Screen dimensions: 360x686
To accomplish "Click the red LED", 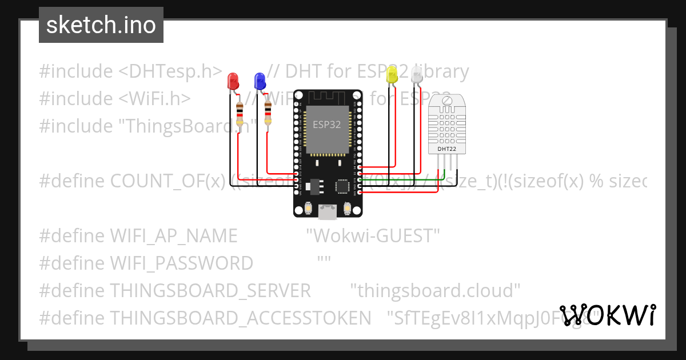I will [233, 81].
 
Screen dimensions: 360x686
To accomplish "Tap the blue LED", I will [260, 81].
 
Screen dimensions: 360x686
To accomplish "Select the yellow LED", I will [392, 75].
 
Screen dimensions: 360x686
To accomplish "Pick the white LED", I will [417, 75].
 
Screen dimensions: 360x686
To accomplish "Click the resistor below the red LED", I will [240, 113].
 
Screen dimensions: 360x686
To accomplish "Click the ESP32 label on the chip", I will [327, 124].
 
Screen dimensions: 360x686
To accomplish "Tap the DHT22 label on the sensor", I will [446, 149].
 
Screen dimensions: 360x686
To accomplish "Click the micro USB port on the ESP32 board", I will [328, 212].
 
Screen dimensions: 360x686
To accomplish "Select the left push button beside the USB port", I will [309, 209].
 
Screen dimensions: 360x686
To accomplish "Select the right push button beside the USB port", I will [347, 209].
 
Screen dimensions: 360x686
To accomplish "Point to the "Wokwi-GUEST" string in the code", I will [373, 235].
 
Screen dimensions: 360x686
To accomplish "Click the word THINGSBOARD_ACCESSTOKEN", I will [240, 318].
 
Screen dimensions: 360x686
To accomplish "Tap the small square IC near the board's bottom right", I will [342, 186].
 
